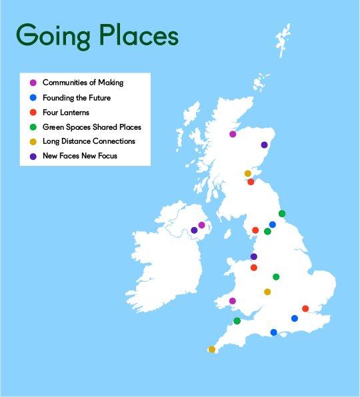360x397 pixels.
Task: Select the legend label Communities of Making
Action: coord(83,83)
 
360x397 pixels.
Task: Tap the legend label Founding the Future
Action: coord(77,97)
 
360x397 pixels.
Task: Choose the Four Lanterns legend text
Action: coord(67,112)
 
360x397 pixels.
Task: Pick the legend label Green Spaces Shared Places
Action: coord(92,127)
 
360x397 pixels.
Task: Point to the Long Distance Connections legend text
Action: coord(89,141)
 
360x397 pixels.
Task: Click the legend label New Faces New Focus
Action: coord(80,156)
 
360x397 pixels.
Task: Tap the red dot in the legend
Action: coord(33,112)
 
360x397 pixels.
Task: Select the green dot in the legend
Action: coord(33,127)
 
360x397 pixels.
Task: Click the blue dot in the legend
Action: coord(33,97)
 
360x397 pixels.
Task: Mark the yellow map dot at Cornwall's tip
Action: coord(212,349)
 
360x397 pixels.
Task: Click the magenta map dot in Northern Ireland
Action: coord(202,225)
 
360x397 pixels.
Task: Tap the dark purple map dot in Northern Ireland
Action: coord(194,230)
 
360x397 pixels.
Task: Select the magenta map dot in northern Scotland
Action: coord(233,135)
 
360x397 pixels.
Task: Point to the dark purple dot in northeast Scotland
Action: coord(264,145)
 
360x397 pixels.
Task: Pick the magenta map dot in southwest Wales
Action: coord(233,301)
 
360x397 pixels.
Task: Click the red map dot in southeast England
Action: coord(305,308)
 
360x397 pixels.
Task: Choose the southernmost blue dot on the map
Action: coord(273,332)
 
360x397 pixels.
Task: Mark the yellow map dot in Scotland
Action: coord(248,174)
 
